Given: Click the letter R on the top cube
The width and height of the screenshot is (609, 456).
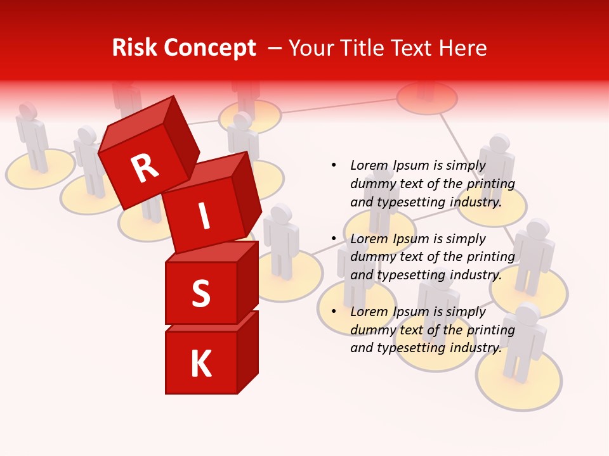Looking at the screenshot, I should coord(145,168).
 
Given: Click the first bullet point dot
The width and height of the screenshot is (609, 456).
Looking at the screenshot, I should coord(334,165).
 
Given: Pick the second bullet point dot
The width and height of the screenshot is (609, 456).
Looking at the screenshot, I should coord(334,239).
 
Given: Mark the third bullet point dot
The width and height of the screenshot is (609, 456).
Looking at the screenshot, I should coord(334,312).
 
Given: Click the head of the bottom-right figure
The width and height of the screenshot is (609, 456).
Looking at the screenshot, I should coord(528,313).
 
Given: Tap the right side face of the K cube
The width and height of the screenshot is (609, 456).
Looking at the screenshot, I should coord(248,351).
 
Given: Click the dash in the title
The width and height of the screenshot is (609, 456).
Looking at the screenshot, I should coord(275,48).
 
